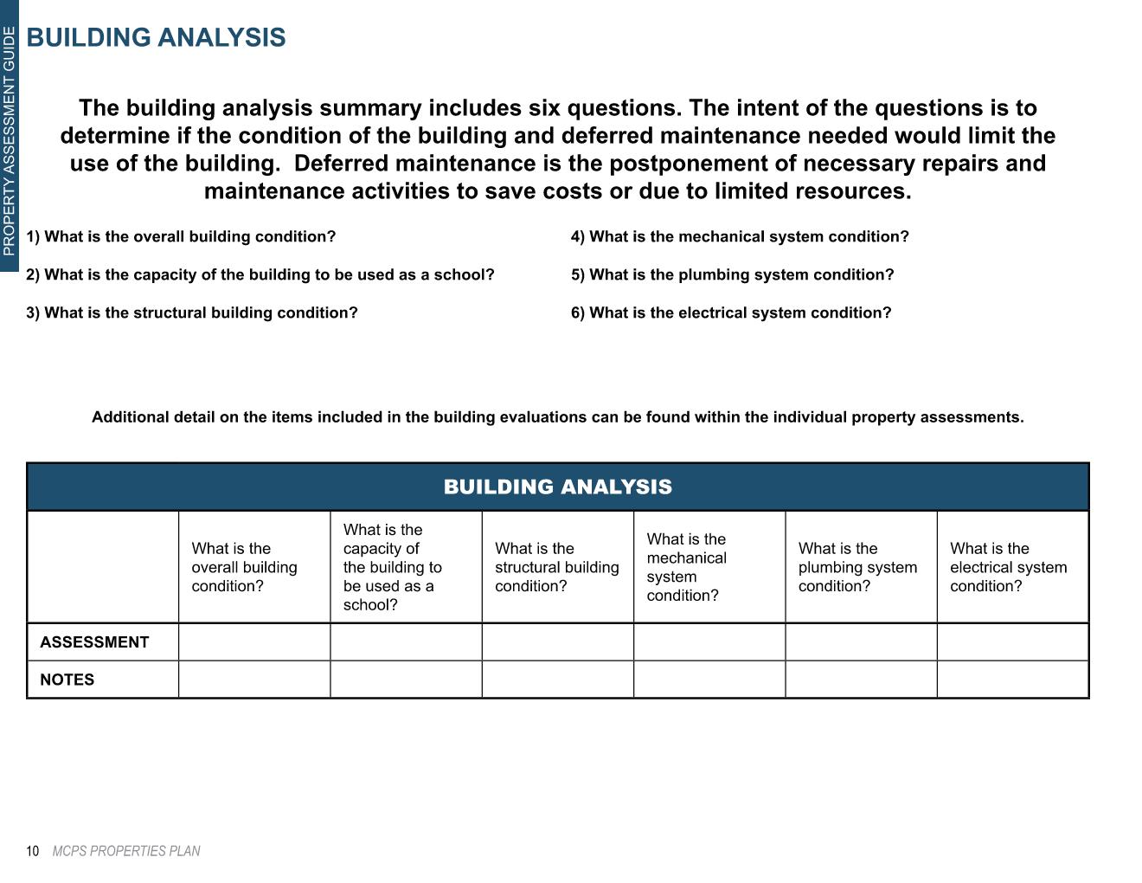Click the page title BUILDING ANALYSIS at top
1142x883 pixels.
click(x=156, y=38)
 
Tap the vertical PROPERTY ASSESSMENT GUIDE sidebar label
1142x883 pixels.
click(x=9, y=141)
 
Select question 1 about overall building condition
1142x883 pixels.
click(x=181, y=236)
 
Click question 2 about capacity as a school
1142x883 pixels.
click(x=260, y=274)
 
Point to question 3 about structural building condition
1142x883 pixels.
click(x=192, y=313)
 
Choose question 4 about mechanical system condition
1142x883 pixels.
click(x=740, y=236)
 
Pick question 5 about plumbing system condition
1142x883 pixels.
click(x=732, y=274)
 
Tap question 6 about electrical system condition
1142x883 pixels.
click(x=731, y=313)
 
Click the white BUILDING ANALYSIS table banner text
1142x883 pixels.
click(x=558, y=487)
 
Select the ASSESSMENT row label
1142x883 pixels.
click(x=94, y=642)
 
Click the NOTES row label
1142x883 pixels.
click(x=67, y=680)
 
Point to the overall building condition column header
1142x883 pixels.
click(x=244, y=567)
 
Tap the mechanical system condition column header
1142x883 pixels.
click(x=686, y=567)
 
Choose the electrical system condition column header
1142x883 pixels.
click(x=1008, y=567)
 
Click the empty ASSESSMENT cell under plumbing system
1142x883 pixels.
click(x=861, y=642)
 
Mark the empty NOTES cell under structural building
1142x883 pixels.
click(x=558, y=680)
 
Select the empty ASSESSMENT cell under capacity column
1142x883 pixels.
click(x=406, y=642)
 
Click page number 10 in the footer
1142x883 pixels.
click(x=33, y=851)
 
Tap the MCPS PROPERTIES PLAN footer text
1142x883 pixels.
click(x=126, y=851)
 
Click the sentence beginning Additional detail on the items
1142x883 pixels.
click(x=558, y=417)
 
